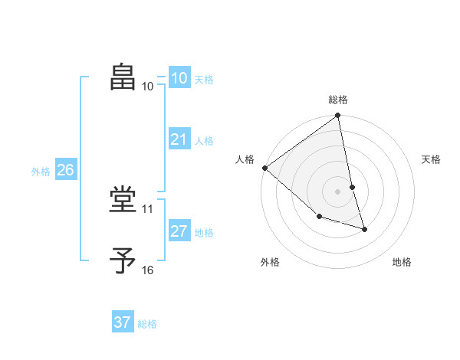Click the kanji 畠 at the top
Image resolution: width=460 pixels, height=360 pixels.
[124, 77]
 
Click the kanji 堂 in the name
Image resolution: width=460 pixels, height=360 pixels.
[124, 201]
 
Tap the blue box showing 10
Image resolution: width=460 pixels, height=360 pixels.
[179, 78]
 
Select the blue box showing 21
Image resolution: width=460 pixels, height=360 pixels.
[179, 139]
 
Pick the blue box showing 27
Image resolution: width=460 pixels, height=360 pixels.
[179, 231]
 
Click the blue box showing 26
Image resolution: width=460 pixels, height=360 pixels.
[65, 170]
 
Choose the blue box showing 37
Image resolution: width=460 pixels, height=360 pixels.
[123, 322]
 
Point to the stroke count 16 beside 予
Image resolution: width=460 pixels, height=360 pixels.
[147, 270]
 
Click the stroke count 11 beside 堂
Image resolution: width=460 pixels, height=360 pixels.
[147, 208]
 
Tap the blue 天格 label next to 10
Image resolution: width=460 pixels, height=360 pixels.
[204, 79]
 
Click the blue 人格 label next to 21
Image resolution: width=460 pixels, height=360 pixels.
[204, 140]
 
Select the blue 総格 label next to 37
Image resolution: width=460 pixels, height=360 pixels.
[147, 324]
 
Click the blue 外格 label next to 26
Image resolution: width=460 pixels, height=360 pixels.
[41, 172]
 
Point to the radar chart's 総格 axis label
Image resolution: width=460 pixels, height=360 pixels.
[338, 100]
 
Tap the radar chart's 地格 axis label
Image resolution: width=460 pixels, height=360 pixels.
[402, 262]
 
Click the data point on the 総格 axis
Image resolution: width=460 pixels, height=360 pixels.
[338, 116]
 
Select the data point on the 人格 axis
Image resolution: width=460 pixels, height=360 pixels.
[264, 168]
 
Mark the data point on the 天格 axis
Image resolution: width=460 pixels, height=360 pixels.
[352, 187]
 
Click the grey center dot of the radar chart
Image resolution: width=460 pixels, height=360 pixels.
[338, 191]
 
